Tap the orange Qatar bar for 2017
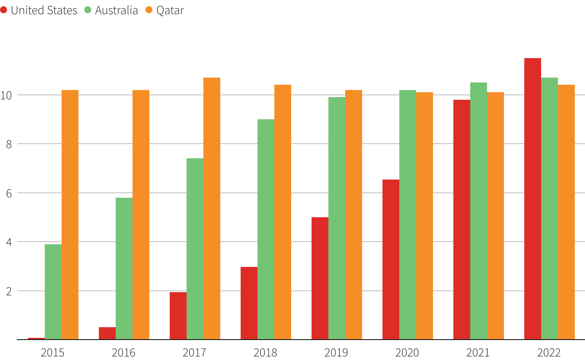click(212, 208)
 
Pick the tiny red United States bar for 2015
click(36, 339)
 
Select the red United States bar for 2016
click(107, 333)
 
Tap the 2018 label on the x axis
click(265, 352)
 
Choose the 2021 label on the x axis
click(478, 352)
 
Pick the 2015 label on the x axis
click(53, 352)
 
